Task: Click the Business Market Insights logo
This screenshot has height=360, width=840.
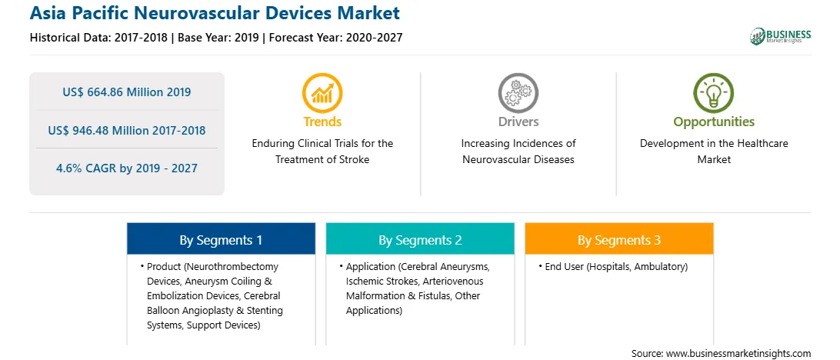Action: [x=780, y=36]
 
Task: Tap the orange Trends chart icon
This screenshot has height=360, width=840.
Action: [x=322, y=92]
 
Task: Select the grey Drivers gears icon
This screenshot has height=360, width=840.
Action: [x=518, y=92]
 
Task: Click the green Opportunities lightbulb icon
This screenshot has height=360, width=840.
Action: [x=714, y=92]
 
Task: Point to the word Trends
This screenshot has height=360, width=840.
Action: [x=322, y=122]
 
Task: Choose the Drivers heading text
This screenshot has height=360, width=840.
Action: [x=518, y=122]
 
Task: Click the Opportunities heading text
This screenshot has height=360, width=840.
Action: [x=714, y=122]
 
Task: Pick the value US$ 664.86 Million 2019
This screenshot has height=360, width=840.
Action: [x=126, y=92]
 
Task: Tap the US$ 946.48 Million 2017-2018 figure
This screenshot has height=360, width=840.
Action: [x=126, y=130]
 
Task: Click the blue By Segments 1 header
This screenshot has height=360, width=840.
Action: [x=222, y=239]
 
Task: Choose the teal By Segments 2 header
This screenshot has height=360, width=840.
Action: [x=420, y=239]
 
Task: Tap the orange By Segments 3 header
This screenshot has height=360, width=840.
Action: [x=619, y=239]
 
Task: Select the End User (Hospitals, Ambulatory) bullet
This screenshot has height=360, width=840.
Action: [x=613, y=266]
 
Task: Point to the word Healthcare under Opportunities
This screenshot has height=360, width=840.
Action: [x=762, y=144]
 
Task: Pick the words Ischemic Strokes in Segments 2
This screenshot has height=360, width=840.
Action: [x=382, y=282]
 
